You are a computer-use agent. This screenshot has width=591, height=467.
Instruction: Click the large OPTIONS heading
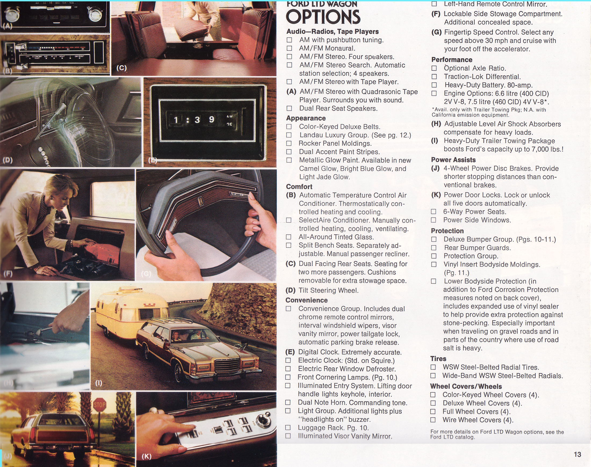(x=323, y=17)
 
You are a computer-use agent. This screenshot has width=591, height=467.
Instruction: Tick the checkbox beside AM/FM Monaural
(x=289, y=48)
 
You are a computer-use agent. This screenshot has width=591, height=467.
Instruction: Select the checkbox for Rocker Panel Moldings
(x=289, y=143)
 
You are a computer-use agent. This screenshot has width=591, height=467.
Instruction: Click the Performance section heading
(x=452, y=60)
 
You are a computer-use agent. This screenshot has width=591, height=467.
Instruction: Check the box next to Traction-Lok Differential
(x=434, y=76)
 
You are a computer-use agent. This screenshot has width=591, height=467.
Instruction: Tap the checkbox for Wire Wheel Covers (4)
(x=433, y=420)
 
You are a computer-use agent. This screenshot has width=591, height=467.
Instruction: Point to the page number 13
(x=577, y=454)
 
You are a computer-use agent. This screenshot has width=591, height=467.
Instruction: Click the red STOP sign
(x=100, y=405)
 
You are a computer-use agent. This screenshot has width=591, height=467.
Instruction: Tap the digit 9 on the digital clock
(x=211, y=119)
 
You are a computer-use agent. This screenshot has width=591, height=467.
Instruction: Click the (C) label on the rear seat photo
(x=121, y=68)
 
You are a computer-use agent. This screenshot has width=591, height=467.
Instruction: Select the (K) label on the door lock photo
(x=147, y=456)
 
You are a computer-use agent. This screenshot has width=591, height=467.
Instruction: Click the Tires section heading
(x=438, y=359)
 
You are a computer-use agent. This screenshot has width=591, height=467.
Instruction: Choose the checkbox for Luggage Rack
(x=288, y=427)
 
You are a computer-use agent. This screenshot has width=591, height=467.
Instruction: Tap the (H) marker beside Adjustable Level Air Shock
(x=436, y=124)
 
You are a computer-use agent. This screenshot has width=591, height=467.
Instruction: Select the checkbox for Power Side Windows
(x=433, y=220)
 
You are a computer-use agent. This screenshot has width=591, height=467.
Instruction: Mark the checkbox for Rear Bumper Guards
(x=434, y=248)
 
